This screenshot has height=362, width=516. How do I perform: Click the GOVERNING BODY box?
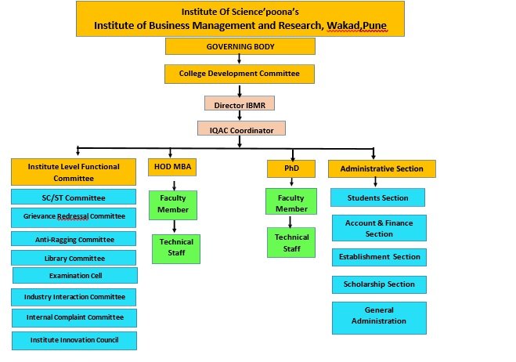coord(240,46)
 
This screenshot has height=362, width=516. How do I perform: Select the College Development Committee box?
coord(240,74)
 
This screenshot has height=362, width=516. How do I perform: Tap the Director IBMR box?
coord(240,103)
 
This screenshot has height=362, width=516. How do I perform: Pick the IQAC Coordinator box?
coord(240,129)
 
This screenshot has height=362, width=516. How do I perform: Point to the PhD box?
coord(290,167)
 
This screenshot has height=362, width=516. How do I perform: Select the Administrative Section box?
coord(381,168)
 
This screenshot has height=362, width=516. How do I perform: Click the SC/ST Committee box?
coord(74,197)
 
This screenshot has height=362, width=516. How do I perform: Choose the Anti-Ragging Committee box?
coord(74,239)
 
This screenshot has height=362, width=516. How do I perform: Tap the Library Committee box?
coord(74,258)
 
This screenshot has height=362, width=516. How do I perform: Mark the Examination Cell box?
coord(75,275)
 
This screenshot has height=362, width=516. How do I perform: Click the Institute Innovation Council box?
coord(74,340)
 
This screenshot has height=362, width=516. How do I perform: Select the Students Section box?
coord(377,197)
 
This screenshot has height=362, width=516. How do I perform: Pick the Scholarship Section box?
coord(379,284)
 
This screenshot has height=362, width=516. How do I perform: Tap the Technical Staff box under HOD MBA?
coord(177,248)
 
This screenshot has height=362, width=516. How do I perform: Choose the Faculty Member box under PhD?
coord(291,204)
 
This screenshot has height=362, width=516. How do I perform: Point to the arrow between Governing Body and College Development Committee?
coord(240,60)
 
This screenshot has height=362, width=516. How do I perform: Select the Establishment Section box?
coord(379,257)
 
